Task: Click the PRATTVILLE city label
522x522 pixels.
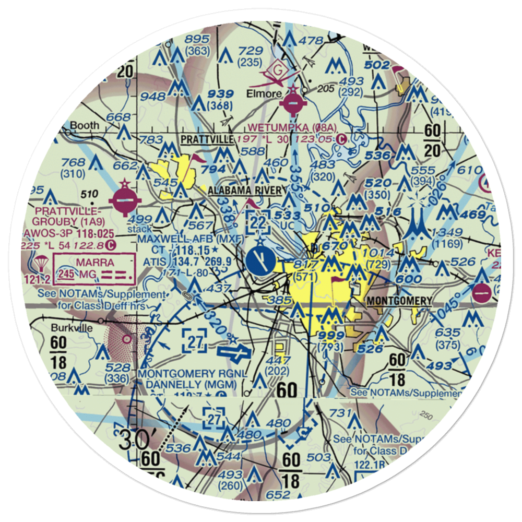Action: (207, 140)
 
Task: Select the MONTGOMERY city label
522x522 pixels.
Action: (399, 301)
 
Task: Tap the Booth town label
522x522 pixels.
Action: (84, 126)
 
